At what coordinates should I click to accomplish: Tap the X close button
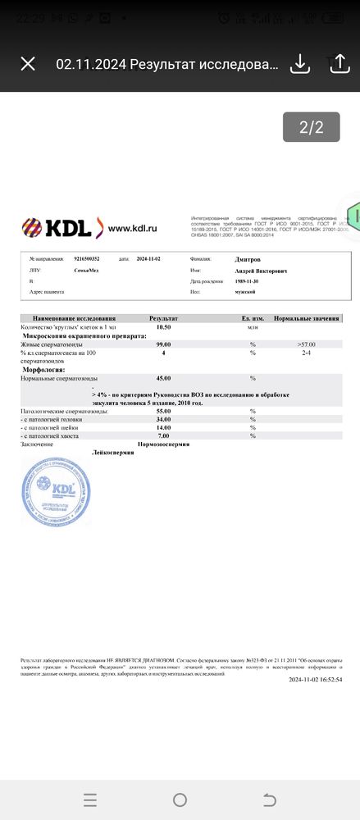click(28, 64)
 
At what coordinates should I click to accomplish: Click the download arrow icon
click(300, 64)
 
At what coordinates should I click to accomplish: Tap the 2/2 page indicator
click(311, 127)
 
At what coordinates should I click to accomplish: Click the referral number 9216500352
click(88, 257)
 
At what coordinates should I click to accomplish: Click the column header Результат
click(163, 318)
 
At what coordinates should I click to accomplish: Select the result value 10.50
click(163, 326)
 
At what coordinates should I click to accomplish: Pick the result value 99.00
click(163, 344)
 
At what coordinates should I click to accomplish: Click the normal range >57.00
click(306, 344)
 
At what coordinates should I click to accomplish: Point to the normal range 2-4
click(306, 353)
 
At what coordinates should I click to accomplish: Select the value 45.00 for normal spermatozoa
click(163, 378)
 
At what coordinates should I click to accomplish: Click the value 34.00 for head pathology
click(163, 419)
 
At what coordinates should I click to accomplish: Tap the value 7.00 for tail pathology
click(163, 435)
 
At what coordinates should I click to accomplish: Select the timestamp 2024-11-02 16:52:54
click(315, 679)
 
